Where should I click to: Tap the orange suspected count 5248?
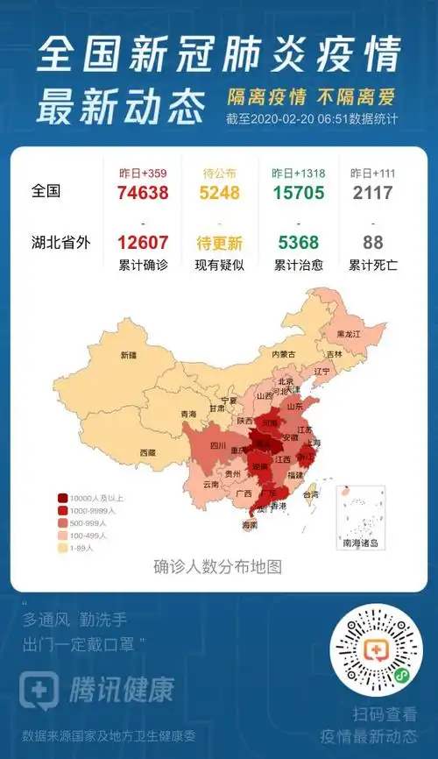[x=218, y=193]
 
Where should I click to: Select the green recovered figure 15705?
[x=297, y=193]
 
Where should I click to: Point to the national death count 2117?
[x=372, y=193]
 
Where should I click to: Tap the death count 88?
[x=372, y=243]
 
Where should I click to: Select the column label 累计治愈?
[x=298, y=263]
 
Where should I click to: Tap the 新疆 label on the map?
[x=129, y=355]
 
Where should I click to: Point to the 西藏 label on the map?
[x=146, y=452]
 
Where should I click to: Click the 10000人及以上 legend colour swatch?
[x=64, y=498]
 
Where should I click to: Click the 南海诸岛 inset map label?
[x=360, y=543]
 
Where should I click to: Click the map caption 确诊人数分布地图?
[x=217, y=566]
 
